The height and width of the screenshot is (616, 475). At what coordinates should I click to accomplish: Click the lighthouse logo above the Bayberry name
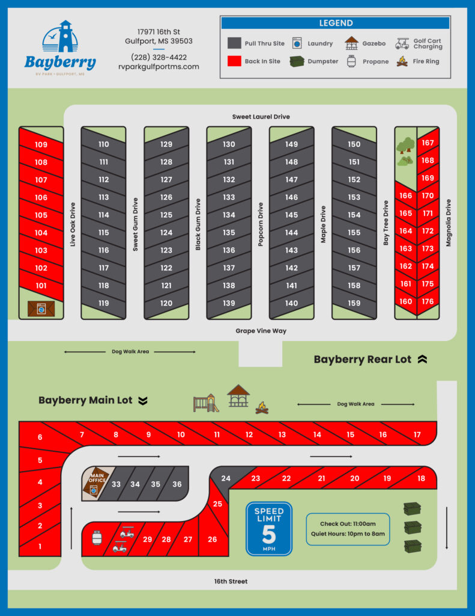pyautogui.click(x=60, y=36)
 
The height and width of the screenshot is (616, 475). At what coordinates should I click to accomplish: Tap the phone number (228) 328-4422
pyautogui.click(x=159, y=57)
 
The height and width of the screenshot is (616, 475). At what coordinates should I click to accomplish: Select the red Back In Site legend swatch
pyautogui.click(x=234, y=61)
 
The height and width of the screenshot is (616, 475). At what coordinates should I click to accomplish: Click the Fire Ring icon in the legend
pyautogui.click(x=402, y=61)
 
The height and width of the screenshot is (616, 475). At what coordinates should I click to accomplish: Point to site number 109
pyautogui.click(x=41, y=144)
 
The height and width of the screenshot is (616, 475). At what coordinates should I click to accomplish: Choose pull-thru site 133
pyautogui.click(x=229, y=197)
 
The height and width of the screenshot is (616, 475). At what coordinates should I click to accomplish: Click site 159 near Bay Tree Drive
pyautogui.click(x=354, y=303)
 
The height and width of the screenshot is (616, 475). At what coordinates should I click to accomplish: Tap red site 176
pyautogui.click(x=428, y=301)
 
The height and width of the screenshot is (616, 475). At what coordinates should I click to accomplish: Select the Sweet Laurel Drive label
pyautogui.click(x=261, y=117)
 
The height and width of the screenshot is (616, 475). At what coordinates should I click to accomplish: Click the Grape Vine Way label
pyautogui.click(x=261, y=331)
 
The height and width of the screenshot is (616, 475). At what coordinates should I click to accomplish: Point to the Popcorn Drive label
pyautogui.click(x=261, y=224)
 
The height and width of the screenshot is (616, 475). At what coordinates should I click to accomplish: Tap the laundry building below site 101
pyautogui.click(x=41, y=309)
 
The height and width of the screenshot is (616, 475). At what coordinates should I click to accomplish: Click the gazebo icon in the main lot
pyautogui.click(x=238, y=396)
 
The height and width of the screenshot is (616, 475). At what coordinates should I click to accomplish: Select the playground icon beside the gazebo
pyautogui.click(x=206, y=403)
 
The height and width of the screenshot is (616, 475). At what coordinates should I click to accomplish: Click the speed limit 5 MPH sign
pyautogui.click(x=269, y=529)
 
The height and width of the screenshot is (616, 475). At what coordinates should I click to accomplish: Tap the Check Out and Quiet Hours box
pyautogui.click(x=348, y=529)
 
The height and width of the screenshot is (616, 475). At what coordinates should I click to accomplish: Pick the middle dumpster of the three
pyautogui.click(x=413, y=528)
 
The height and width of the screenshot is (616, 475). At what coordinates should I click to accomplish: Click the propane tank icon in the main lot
pyautogui.click(x=97, y=537)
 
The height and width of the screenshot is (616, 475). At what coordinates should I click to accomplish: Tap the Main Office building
pyautogui.click(x=96, y=482)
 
